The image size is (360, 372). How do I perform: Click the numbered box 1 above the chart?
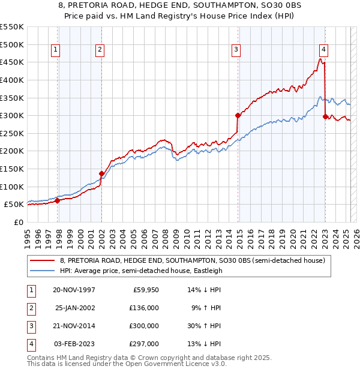(x=55, y=50)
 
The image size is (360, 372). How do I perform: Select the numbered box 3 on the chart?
(x=236, y=50)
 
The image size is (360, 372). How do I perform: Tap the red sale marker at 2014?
(x=238, y=115)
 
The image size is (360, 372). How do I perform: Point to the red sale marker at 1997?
(x=58, y=201)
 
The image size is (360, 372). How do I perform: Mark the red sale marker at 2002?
(x=101, y=174)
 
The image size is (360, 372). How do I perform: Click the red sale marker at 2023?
(x=325, y=117)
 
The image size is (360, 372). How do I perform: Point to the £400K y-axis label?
(x=12, y=80)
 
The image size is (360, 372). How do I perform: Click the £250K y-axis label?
(x=12, y=133)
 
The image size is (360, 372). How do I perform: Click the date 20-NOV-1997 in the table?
(x=74, y=290)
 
